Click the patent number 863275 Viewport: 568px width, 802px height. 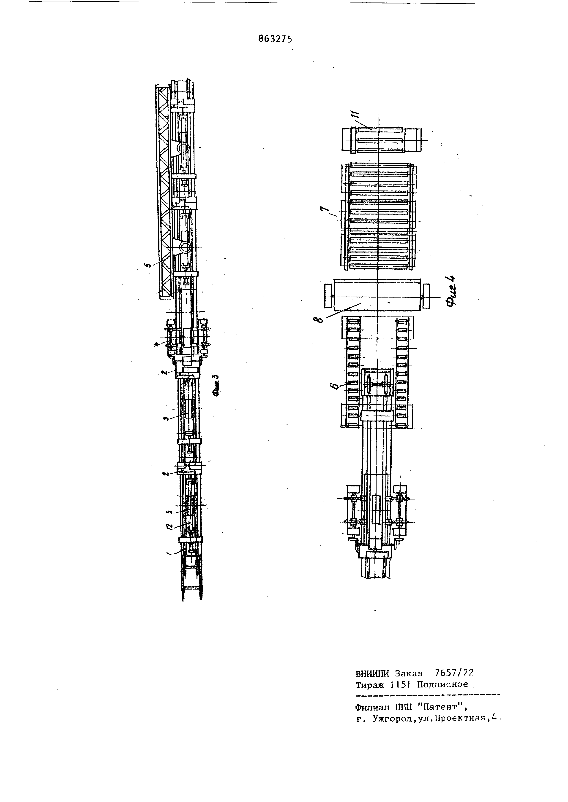tap(275, 39)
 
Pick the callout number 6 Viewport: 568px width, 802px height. tap(334, 386)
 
